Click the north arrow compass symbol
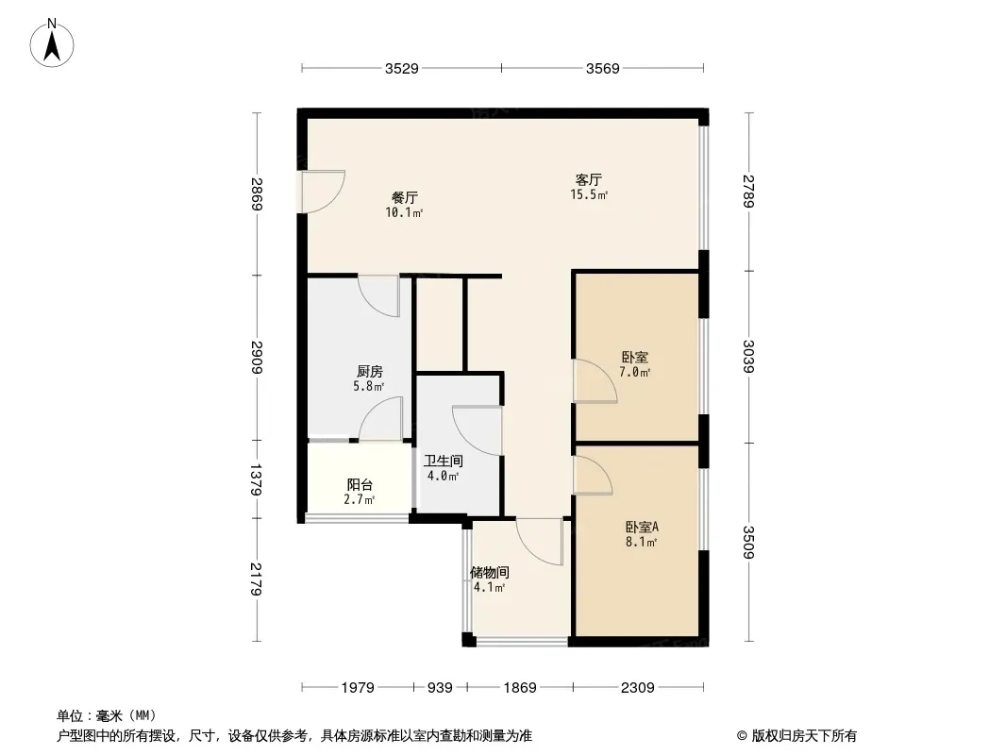pos(52,43)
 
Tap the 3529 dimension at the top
pos(402,68)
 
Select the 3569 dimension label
pos(602,68)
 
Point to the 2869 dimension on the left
pos(257,193)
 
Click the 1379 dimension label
pos(257,479)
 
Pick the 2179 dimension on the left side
pos(257,579)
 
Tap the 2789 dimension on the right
pos(748,191)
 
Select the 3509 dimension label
pos(748,542)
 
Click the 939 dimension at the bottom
pos(440,688)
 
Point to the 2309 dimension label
pos(638,688)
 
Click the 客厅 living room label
pos(588,179)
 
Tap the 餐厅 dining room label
pos(405,197)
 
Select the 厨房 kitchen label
pos(370,372)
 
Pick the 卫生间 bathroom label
pos(444,461)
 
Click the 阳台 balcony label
pos(360,485)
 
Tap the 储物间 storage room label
pos(490,572)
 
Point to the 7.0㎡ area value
pos(635,372)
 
